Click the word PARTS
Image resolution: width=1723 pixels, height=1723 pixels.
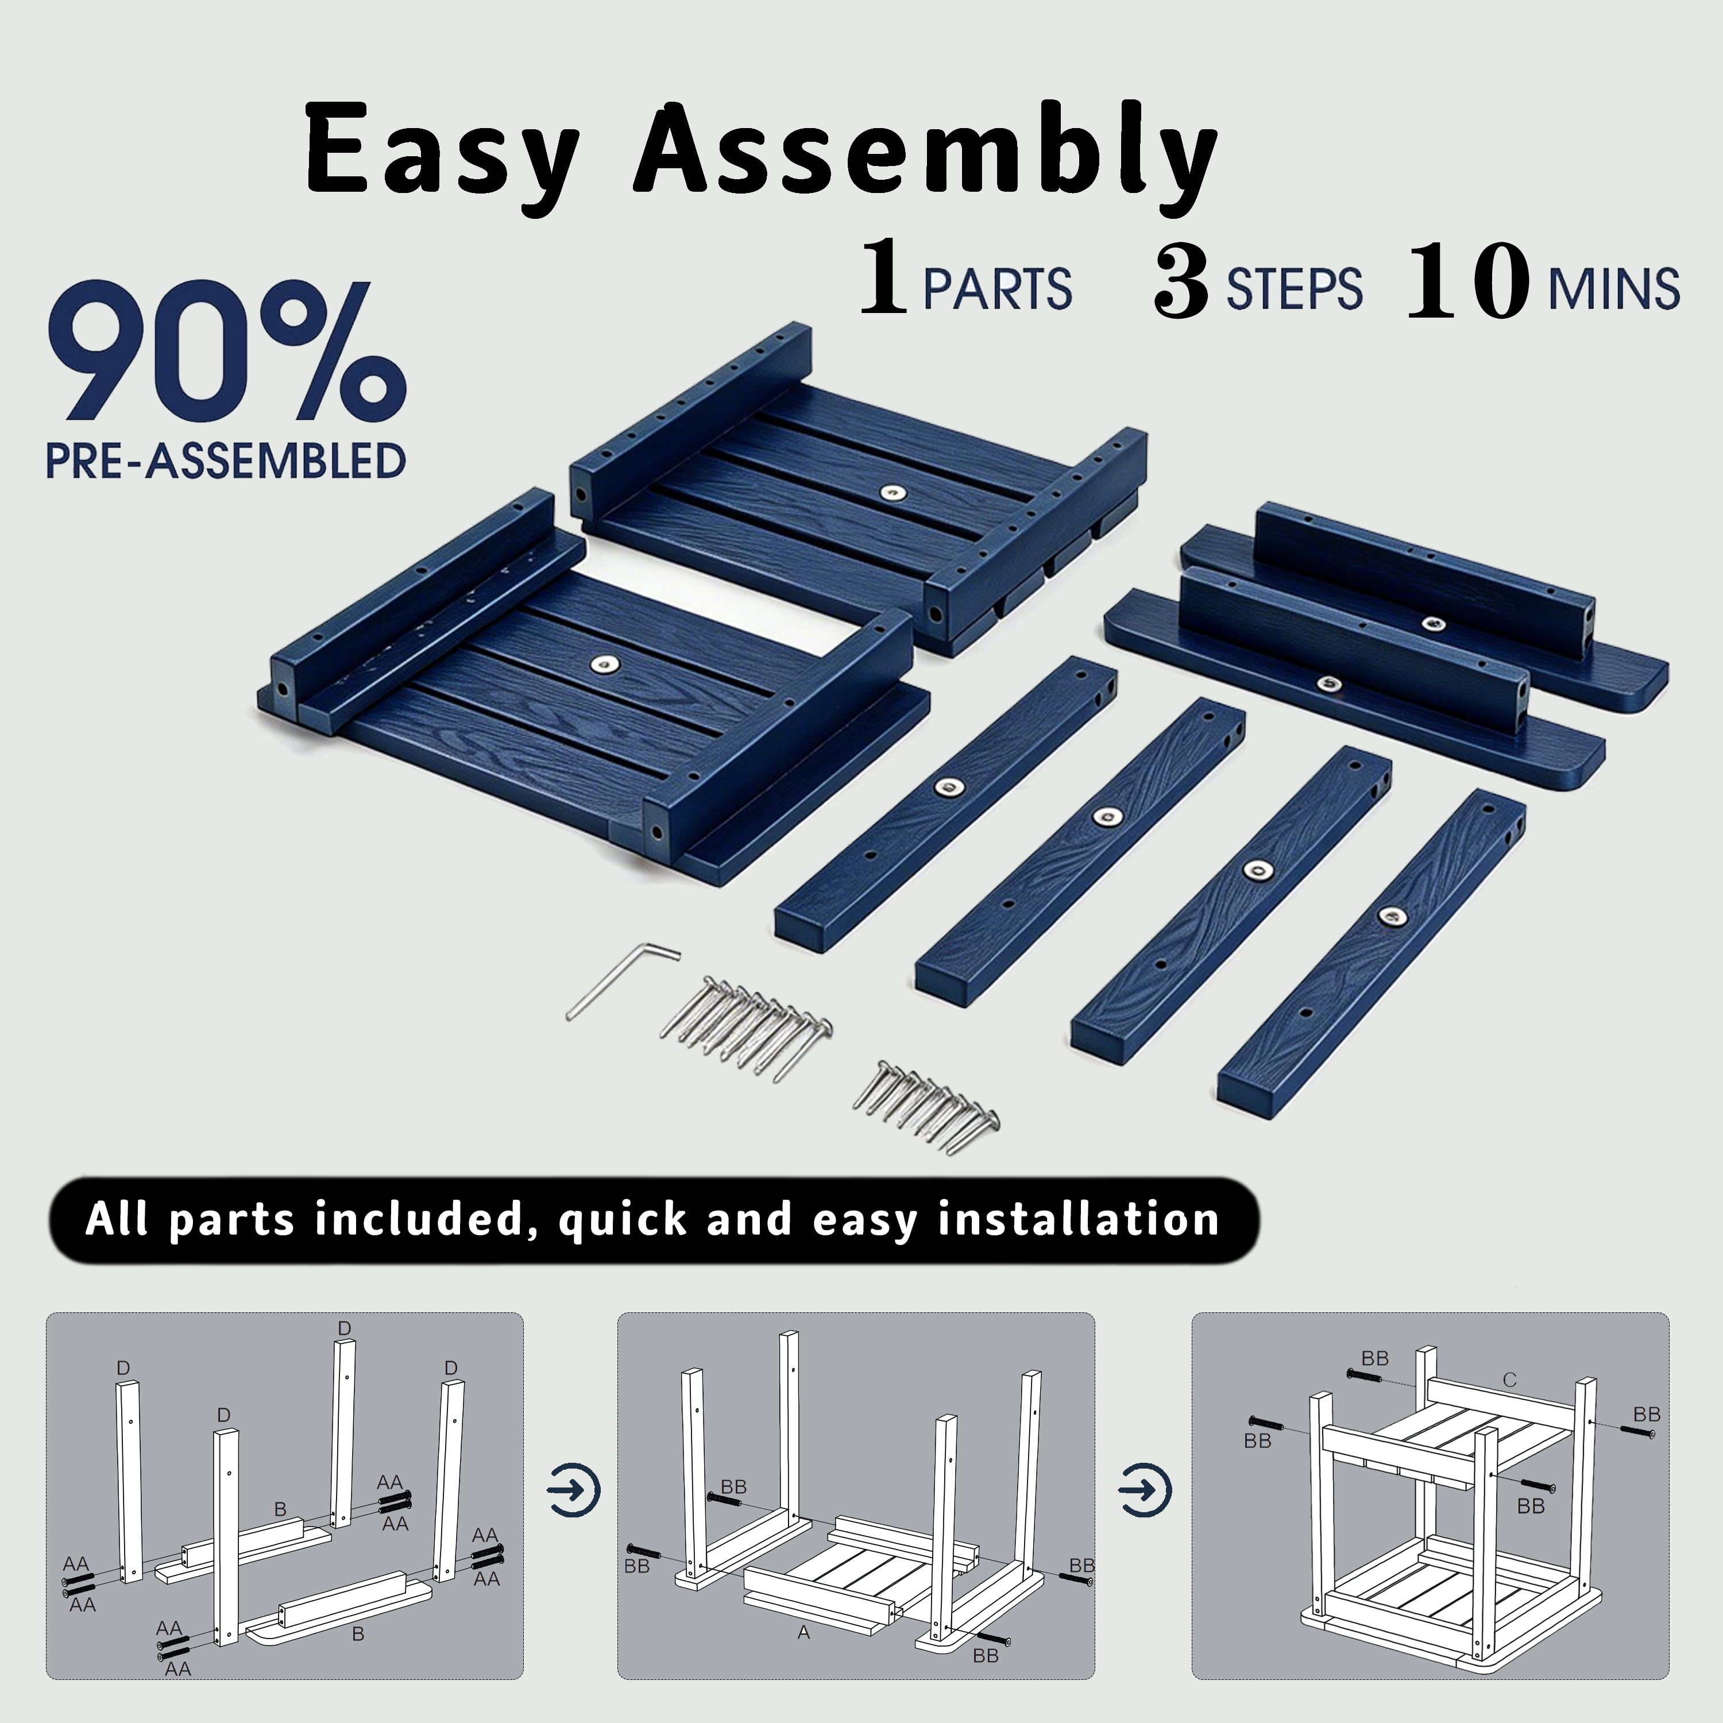[x=997, y=289]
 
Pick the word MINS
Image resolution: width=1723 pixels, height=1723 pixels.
[x=1614, y=289]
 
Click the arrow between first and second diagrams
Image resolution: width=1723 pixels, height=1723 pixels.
[x=573, y=1489]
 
